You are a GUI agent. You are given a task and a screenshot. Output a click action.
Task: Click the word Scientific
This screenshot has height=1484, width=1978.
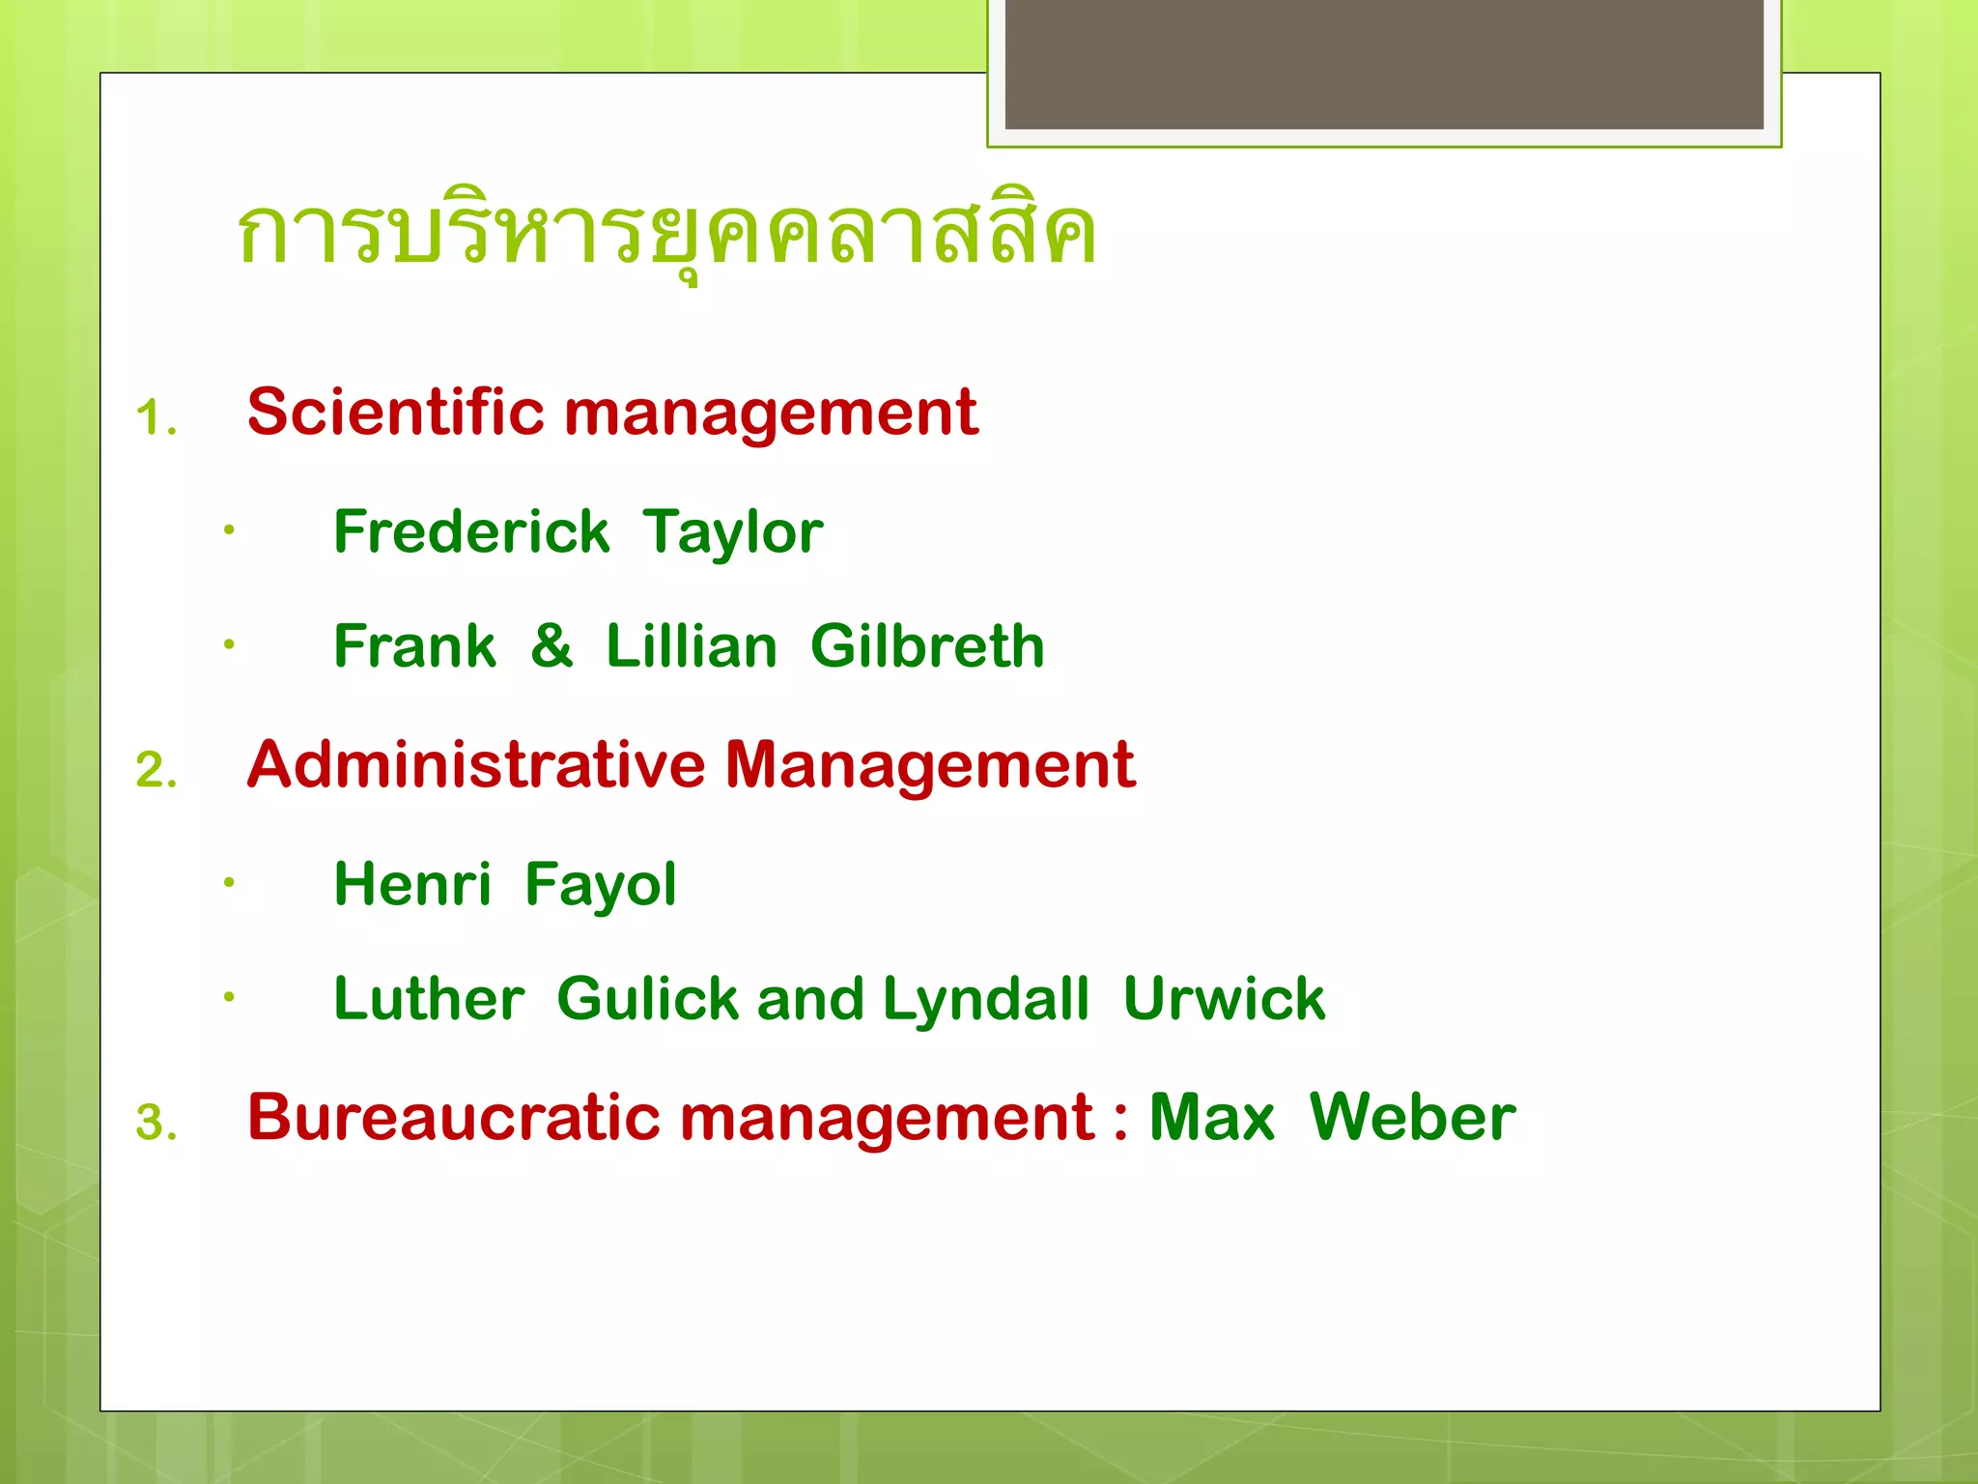pyautogui.click(x=395, y=413)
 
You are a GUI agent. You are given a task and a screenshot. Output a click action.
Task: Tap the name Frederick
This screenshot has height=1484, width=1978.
pyautogui.click(x=471, y=532)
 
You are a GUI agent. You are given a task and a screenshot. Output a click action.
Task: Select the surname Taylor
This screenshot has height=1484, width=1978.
pyautogui.click(x=732, y=532)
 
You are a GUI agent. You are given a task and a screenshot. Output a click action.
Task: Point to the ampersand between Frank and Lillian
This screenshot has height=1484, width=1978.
pyautogui.click(x=551, y=645)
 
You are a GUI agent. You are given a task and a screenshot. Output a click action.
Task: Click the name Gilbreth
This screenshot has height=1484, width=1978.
pyautogui.click(x=927, y=645)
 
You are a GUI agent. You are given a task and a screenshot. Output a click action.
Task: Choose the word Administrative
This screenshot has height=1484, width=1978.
pyautogui.click(x=476, y=765)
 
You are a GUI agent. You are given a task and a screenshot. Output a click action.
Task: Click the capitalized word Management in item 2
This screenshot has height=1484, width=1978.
pyautogui.click(x=929, y=765)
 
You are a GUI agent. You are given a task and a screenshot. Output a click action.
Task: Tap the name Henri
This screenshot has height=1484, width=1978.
pyautogui.click(x=412, y=884)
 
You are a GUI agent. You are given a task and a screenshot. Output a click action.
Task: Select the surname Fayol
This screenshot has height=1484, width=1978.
pyautogui.click(x=600, y=884)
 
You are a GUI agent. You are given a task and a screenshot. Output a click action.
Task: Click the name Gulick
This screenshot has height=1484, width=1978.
pyautogui.click(x=647, y=998)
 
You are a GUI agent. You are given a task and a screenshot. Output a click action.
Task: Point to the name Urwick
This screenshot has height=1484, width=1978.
pyautogui.click(x=1224, y=998)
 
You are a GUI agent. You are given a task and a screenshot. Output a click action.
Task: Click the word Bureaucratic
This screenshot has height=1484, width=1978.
pyautogui.click(x=453, y=1118)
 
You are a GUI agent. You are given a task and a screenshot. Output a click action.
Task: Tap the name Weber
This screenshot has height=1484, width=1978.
pyautogui.click(x=1412, y=1118)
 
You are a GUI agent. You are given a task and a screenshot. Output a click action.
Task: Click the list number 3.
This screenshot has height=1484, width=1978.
pyautogui.click(x=155, y=1124)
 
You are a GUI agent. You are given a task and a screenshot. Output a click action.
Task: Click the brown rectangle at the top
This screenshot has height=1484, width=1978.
pyautogui.click(x=1383, y=64)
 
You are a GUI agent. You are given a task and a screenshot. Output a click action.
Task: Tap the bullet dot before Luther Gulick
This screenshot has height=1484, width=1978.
pyautogui.click(x=229, y=996)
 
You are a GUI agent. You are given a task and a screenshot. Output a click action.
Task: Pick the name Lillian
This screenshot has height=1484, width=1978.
pyautogui.click(x=691, y=645)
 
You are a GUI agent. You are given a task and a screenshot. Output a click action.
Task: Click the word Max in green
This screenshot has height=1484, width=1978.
pyautogui.click(x=1211, y=1118)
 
